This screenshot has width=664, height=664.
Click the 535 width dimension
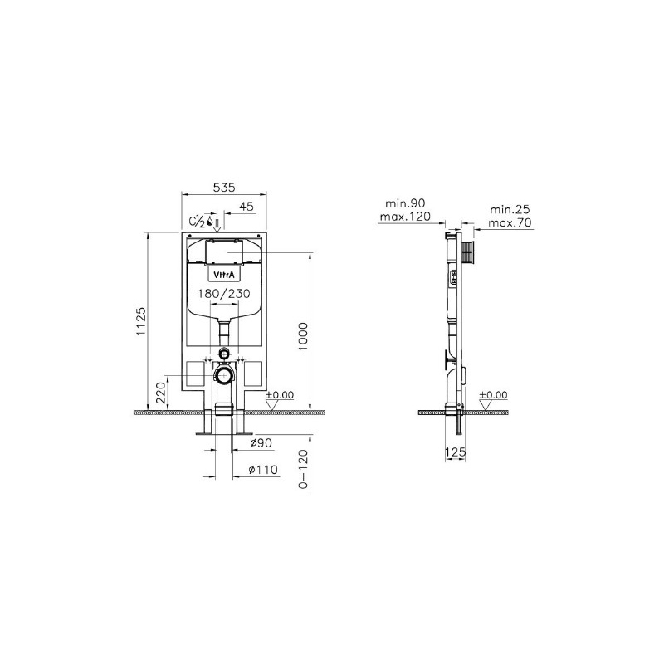pyautogui.click(x=224, y=188)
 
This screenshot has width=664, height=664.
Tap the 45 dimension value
pyautogui.click(x=247, y=206)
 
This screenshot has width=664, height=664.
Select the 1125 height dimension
pyautogui.click(x=140, y=321)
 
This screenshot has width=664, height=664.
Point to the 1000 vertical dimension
pyautogui.click(x=303, y=336)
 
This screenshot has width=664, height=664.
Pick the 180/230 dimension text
pyautogui.click(x=224, y=293)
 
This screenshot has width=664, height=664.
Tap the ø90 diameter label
pyautogui.click(x=261, y=443)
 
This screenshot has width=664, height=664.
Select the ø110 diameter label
pyautogui.click(x=263, y=469)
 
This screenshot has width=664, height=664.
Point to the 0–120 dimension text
pyautogui.click(x=303, y=469)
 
